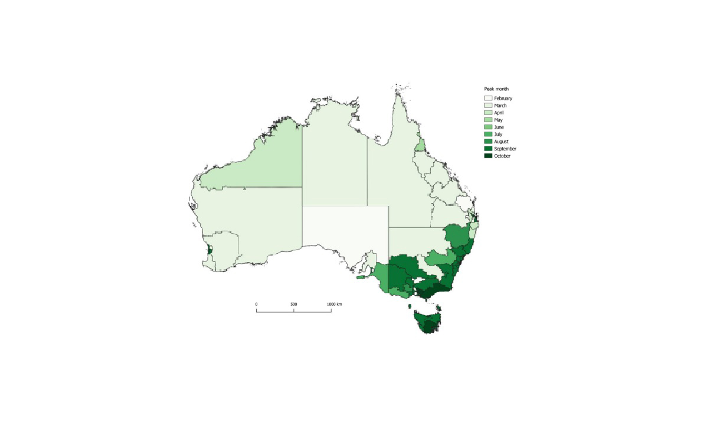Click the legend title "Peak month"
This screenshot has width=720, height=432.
tap(496, 89)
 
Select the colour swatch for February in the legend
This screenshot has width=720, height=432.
tap(488, 98)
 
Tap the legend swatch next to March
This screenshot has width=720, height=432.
tap(488, 106)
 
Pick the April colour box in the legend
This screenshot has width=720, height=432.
tap(488, 113)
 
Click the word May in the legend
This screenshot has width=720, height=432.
tap(499, 120)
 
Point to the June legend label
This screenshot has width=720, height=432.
tap(499, 127)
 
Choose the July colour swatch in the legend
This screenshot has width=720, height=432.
tap(488, 135)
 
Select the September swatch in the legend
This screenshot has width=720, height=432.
tap(488, 149)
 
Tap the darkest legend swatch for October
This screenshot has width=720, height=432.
tap(488, 156)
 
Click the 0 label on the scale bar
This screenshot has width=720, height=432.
tap(256, 304)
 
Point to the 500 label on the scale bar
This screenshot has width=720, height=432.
tap(294, 304)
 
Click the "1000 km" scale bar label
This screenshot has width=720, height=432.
tap(335, 304)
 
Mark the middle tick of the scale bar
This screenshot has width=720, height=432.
tap(294, 310)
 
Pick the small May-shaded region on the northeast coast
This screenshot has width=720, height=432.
tap(420, 145)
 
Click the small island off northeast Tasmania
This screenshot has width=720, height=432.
tap(438, 307)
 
